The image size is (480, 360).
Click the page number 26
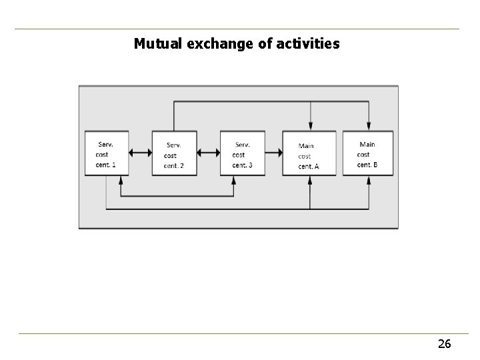(444, 344)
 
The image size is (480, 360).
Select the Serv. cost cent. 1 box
(107, 153)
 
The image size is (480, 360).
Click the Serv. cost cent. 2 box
(174, 153)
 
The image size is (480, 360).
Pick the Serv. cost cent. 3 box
(242, 153)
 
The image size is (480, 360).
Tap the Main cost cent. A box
(309, 153)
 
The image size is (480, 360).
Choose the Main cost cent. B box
(368, 153)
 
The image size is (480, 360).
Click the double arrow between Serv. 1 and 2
(140, 153)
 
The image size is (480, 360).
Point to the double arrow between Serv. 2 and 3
(208, 153)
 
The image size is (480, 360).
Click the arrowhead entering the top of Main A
(310, 127)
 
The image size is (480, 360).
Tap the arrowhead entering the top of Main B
(369, 127)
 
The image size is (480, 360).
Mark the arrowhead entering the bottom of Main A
(310, 180)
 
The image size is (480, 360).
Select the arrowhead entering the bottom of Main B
(369, 180)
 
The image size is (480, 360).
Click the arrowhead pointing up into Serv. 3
(234, 180)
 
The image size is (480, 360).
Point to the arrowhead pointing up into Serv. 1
(121, 180)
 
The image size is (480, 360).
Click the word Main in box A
(306, 146)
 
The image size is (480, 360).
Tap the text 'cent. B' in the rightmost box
(367, 164)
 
